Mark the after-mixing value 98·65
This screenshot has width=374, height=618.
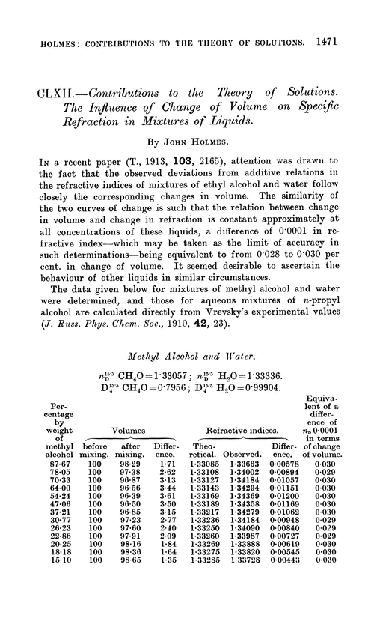(x=137, y=601)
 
